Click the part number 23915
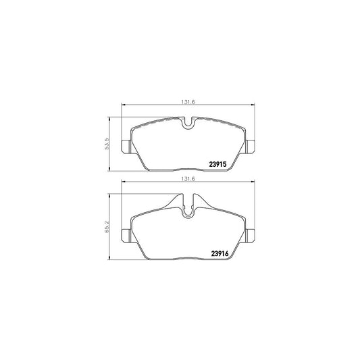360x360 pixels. [x=218, y=164]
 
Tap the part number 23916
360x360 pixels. [x=220, y=253]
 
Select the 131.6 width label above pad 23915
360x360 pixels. [x=188, y=102]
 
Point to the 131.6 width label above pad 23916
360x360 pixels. [x=188, y=179]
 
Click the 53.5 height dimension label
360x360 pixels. [x=107, y=144]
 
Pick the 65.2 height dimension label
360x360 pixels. [x=107, y=227]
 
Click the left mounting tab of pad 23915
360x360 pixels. [x=126, y=147]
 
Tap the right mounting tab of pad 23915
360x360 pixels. [x=250, y=147]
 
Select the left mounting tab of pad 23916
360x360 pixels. [x=126, y=235]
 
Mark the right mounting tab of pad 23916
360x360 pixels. [x=250, y=235]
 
